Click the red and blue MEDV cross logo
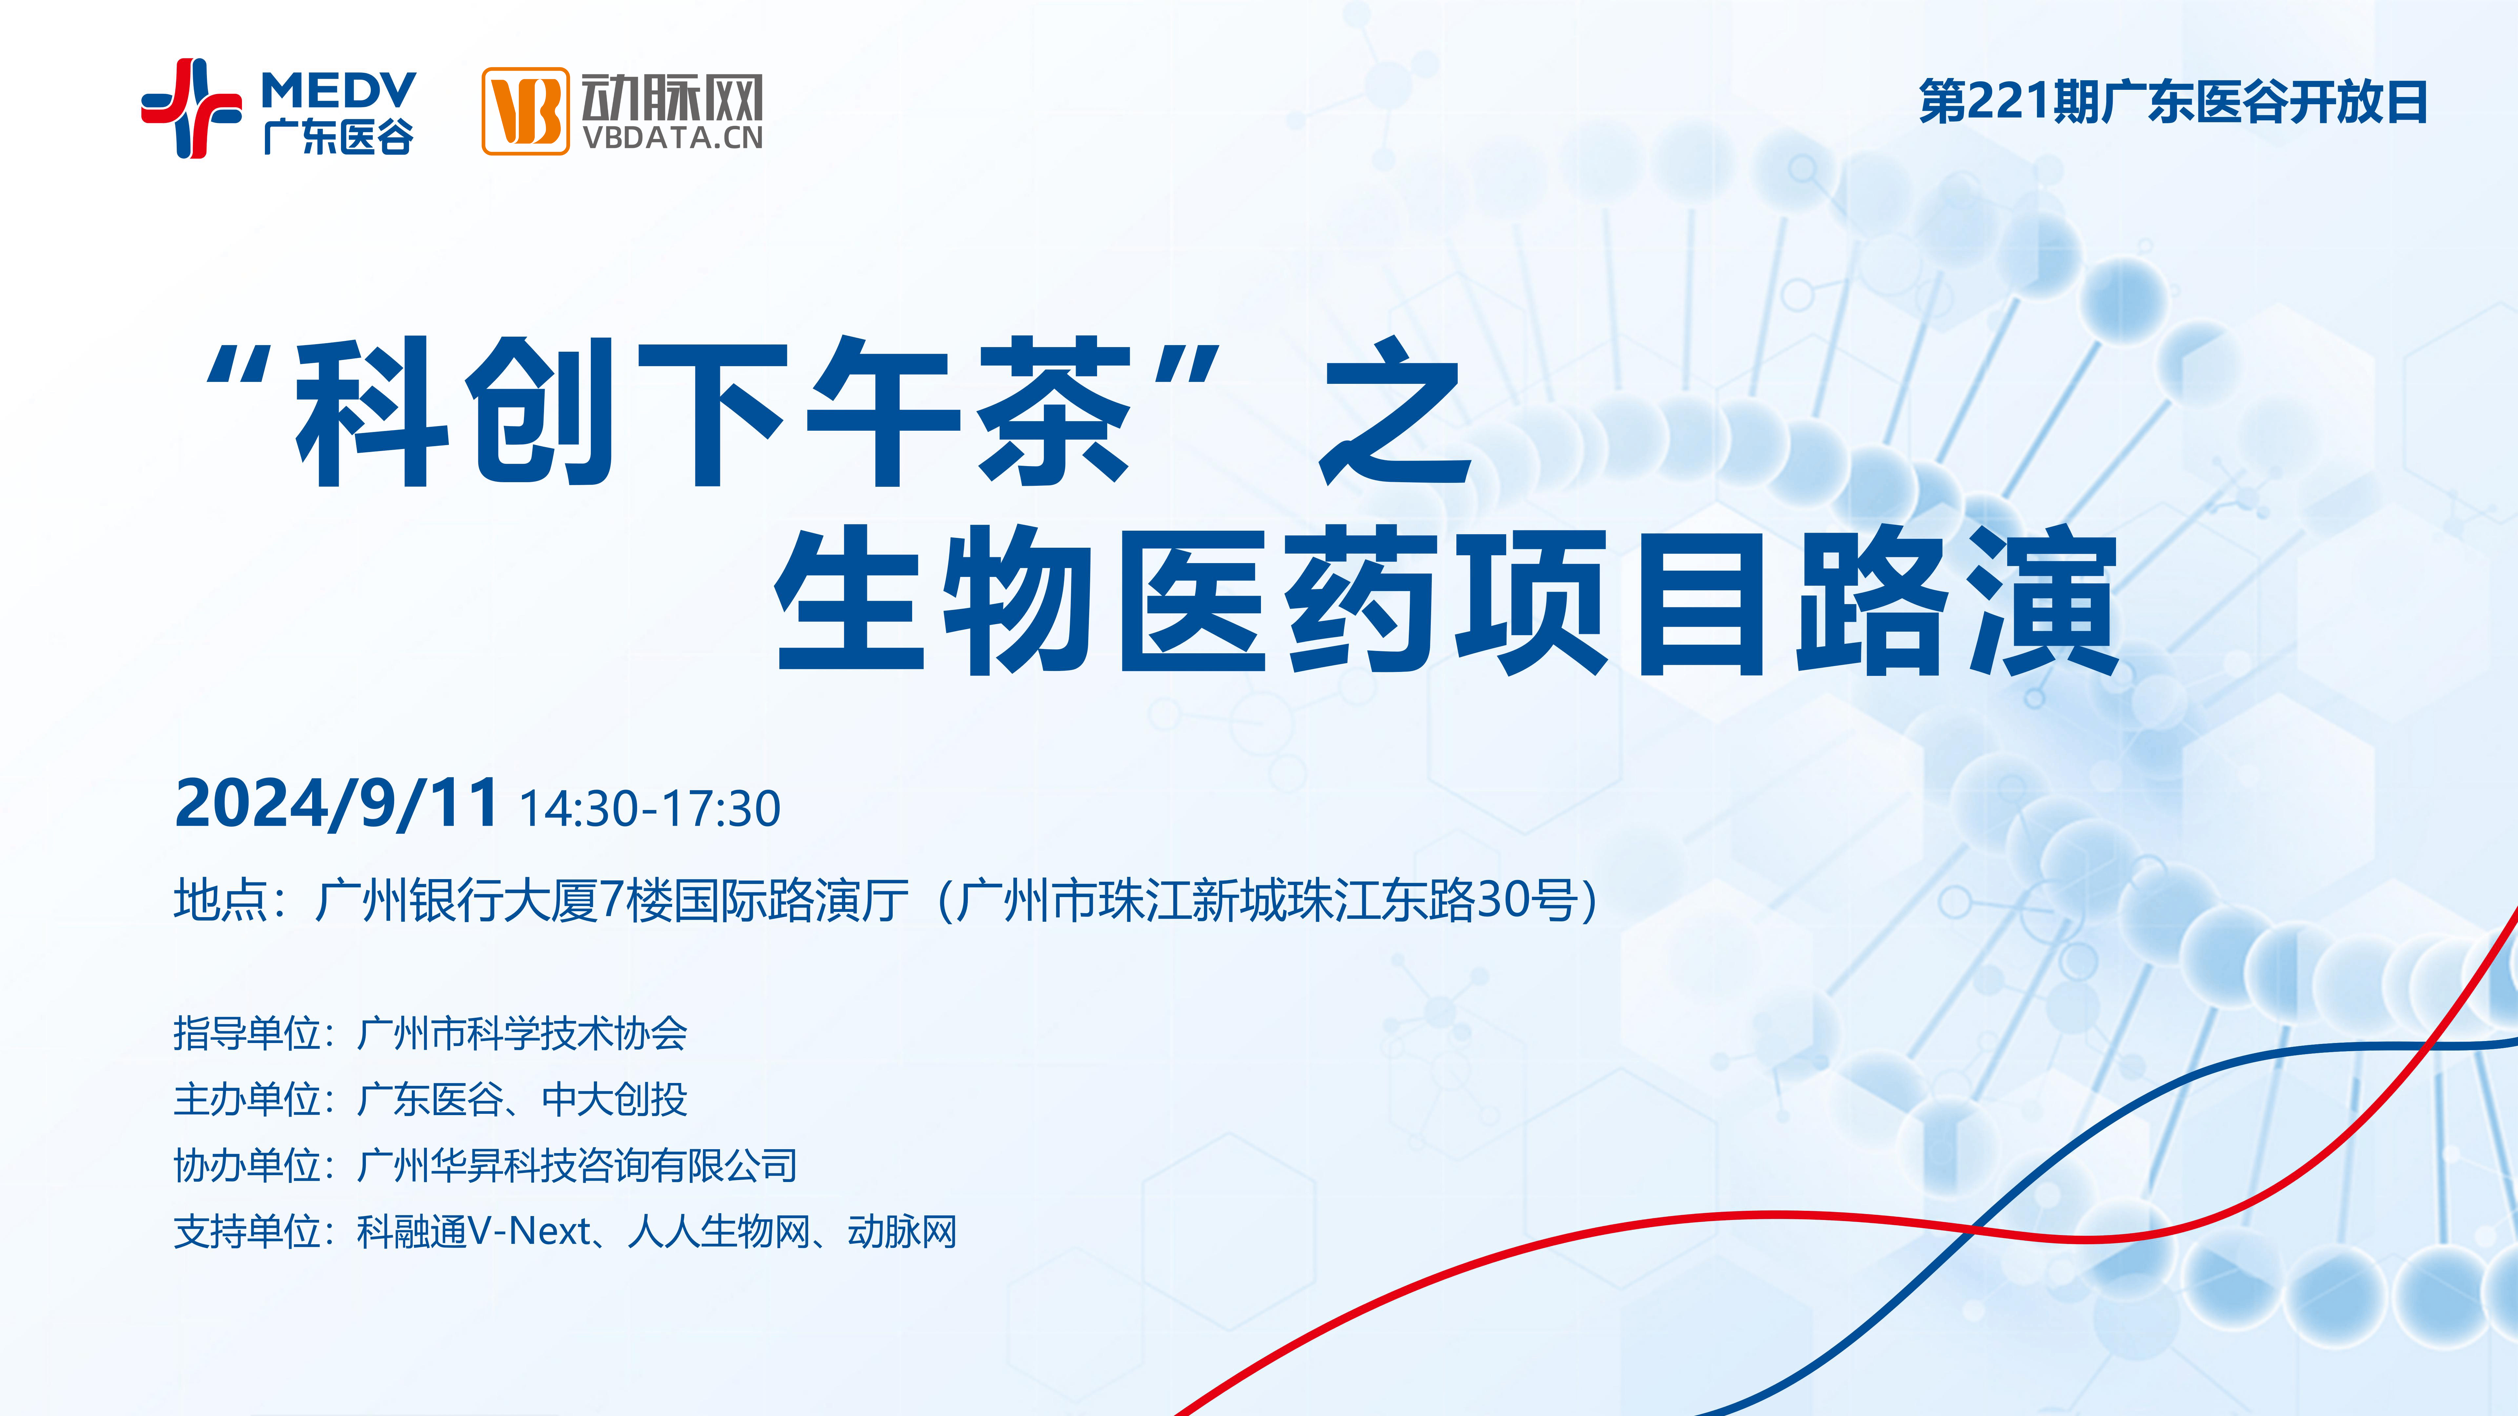[x=191, y=108]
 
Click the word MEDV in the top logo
[x=338, y=92]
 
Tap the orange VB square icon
[x=525, y=110]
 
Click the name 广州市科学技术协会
[x=522, y=1033]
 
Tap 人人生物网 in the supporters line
[x=718, y=1231]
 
